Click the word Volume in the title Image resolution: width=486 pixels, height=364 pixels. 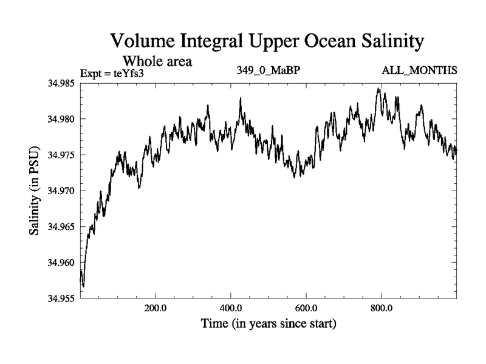point(142,42)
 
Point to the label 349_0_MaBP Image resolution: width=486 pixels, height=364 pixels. point(268,70)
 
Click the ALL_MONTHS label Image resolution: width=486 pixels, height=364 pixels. point(419,70)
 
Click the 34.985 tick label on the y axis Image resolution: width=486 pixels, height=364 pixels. point(63,83)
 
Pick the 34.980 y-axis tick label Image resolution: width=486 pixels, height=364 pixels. point(63,119)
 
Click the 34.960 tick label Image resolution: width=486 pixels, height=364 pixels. point(63,262)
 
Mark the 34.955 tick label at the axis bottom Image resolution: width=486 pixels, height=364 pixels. point(63,298)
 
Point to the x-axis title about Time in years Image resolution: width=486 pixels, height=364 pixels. point(268,324)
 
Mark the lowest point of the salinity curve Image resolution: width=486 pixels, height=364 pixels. point(83,286)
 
